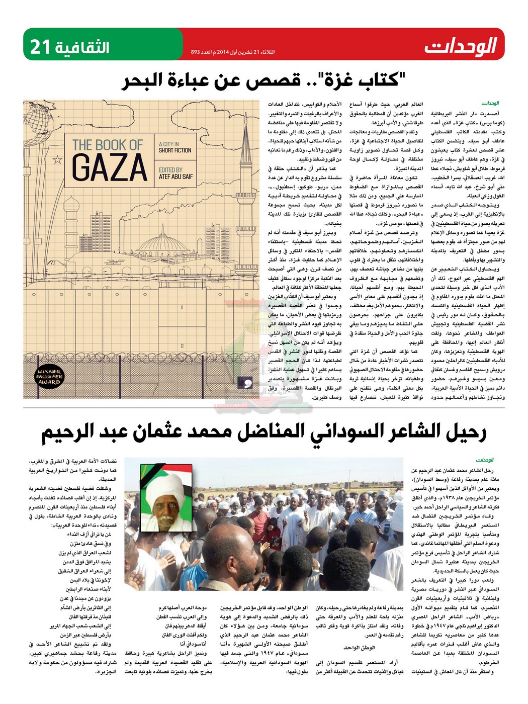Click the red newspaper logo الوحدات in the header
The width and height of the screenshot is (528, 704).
[460, 46]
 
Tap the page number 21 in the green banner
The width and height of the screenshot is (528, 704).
[41, 47]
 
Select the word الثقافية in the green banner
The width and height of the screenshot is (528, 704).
[82, 47]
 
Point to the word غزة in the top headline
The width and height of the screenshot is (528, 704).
[335, 80]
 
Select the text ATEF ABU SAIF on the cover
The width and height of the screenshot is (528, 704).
[175, 177]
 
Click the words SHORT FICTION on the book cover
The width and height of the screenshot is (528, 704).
[175, 150]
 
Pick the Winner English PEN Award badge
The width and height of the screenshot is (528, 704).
[49, 377]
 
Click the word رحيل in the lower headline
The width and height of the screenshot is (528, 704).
[464, 431]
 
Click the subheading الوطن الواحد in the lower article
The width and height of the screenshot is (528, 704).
[360, 648]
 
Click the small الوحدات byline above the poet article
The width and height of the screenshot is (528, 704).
[485, 460]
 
